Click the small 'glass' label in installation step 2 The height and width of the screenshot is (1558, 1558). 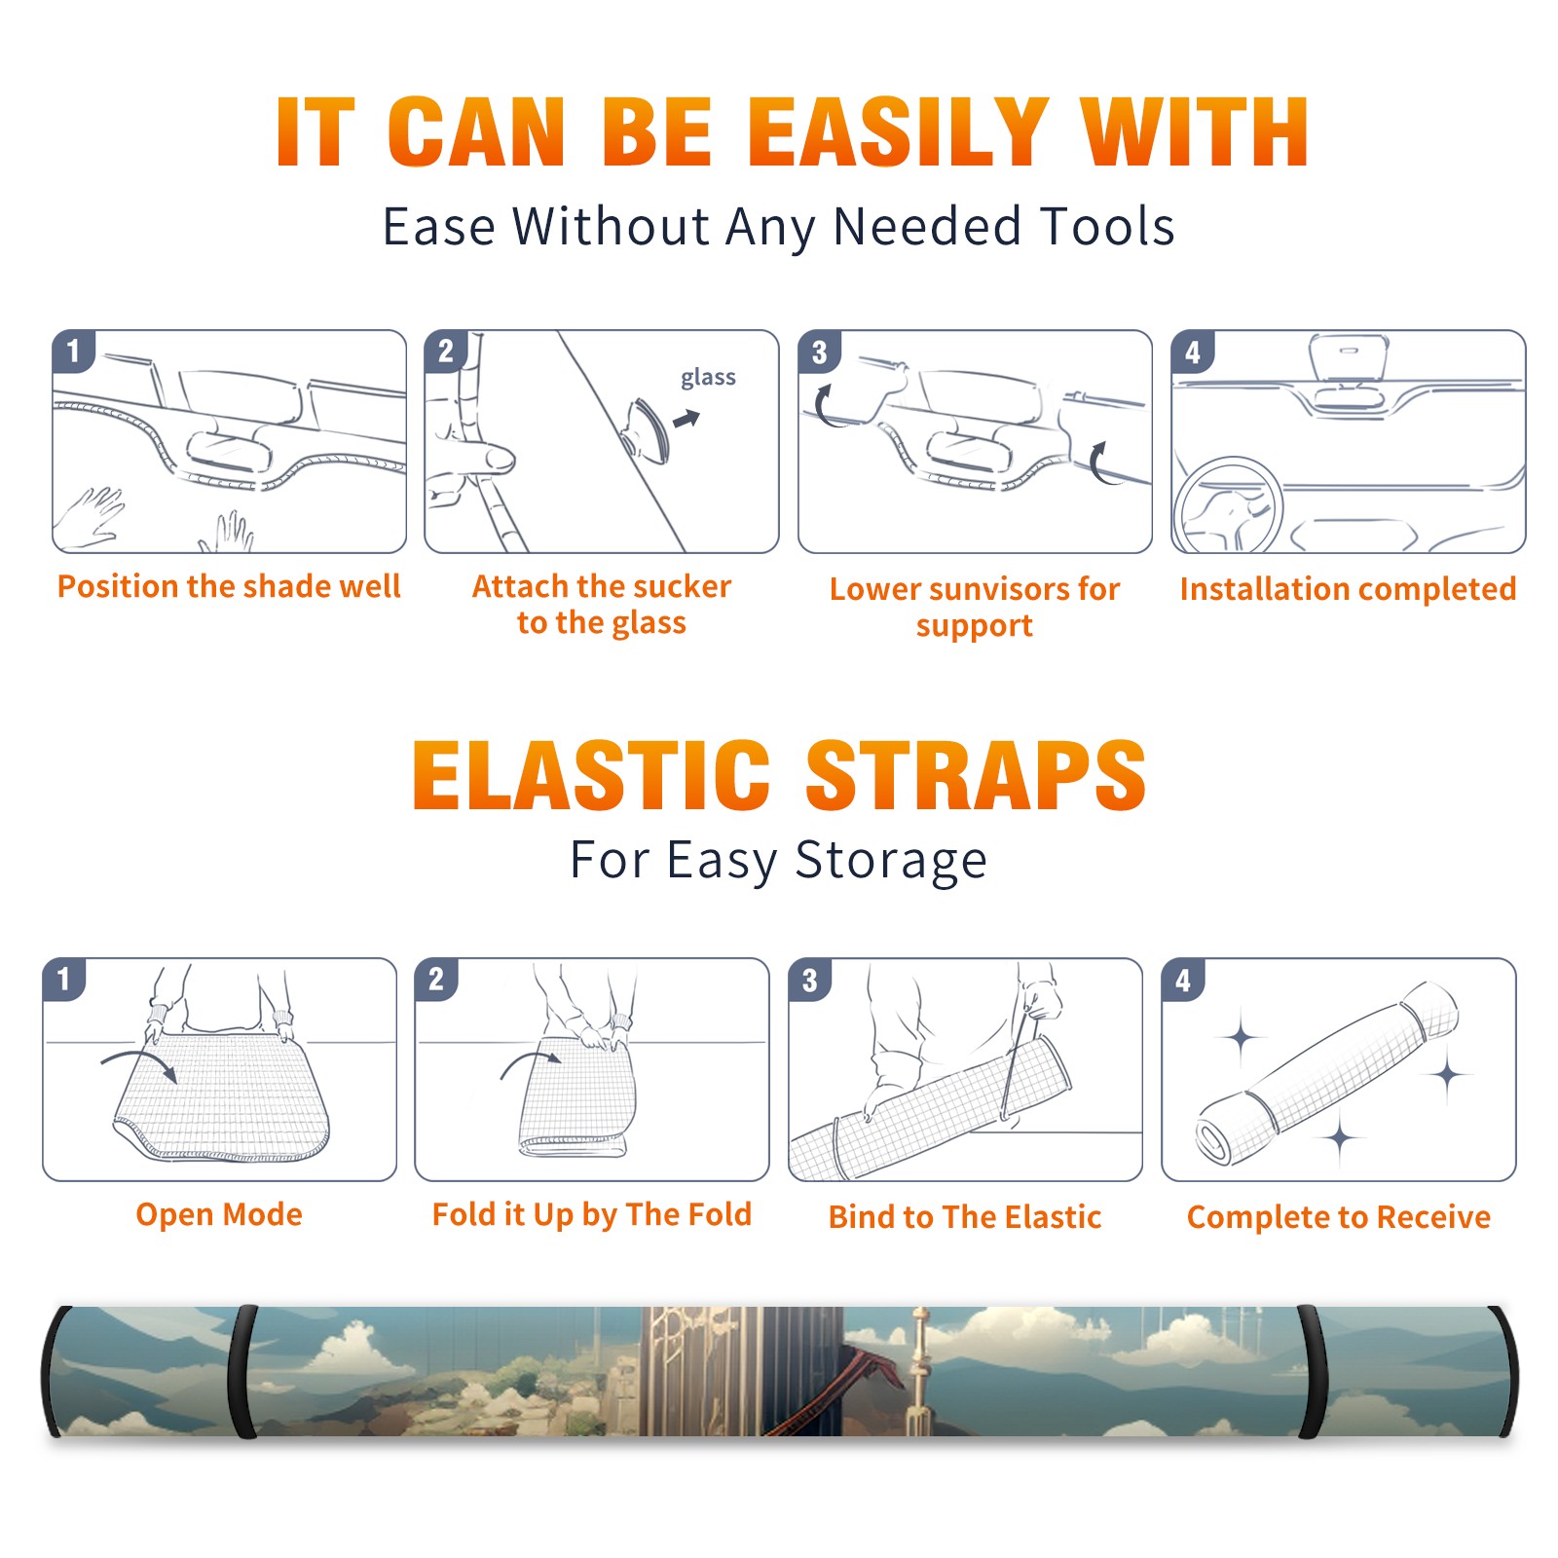(x=708, y=378)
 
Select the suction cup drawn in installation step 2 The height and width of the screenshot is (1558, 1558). (x=647, y=429)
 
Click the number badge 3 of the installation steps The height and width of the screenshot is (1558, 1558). (x=819, y=352)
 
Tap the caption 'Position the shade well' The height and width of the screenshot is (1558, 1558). (x=229, y=586)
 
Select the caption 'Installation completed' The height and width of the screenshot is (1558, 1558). (x=1348, y=589)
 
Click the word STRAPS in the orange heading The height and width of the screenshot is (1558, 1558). (x=976, y=775)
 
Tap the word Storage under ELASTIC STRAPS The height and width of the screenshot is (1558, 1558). (x=891, y=861)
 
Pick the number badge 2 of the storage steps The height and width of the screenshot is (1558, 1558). (x=436, y=979)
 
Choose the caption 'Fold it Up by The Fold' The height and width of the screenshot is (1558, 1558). (x=592, y=1214)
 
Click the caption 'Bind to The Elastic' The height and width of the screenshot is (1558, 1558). (x=965, y=1217)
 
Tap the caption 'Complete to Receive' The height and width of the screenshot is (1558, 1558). (x=1339, y=1217)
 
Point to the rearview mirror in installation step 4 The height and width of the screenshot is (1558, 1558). (x=1348, y=358)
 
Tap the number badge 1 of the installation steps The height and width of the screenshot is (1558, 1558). (x=73, y=351)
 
